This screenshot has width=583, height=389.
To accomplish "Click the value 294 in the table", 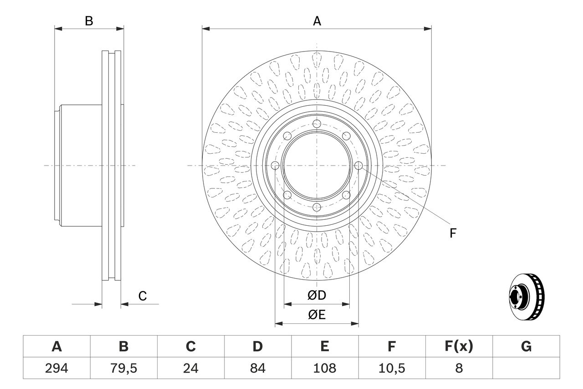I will [x=56, y=368].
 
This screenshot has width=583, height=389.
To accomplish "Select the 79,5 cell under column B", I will [x=123, y=368].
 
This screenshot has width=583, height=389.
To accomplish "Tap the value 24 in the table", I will [x=190, y=368].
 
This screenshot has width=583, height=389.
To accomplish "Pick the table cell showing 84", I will [x=257, y=368].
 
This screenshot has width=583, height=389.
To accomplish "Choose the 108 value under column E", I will [x=324, y=368].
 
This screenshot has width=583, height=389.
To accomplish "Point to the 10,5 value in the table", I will [x=391, y=368].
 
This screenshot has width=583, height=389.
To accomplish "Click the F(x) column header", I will [x=458, y=347].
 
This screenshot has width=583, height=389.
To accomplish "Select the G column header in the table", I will [x=526, y=347].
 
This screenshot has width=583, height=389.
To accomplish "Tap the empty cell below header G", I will [x=526, y=368].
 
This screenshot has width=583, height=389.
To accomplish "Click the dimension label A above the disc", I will [x=317, y=21].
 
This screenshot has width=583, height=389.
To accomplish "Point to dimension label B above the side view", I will [x=89, y=21].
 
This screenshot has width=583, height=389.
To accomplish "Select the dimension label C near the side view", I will [x=143, y=296].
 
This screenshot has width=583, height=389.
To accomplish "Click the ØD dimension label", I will [x=317, y=296].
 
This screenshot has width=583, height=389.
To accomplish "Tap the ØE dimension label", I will [x=317, y=315].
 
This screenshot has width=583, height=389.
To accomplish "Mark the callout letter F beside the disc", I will [x=452, y=233].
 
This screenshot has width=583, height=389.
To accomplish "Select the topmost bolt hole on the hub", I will [x=317, y=124].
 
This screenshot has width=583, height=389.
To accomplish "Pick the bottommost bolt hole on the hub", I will [x=317, y=207].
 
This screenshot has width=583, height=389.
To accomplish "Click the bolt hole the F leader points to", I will [x=358, y=166].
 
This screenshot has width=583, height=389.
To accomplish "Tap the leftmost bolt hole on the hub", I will [x=276, y=166].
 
